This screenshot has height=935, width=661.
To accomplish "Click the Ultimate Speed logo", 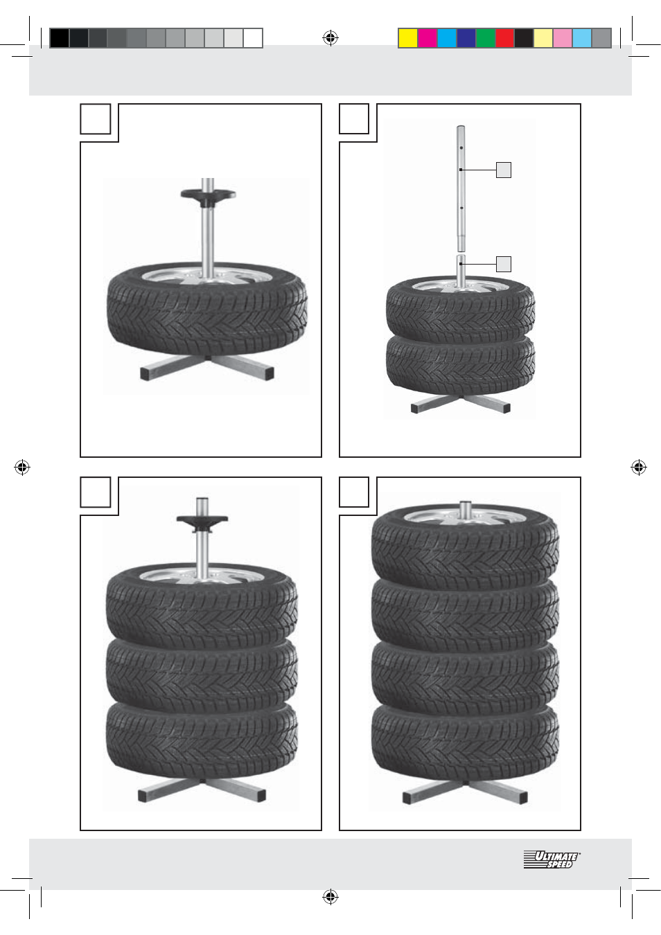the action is point(552,860).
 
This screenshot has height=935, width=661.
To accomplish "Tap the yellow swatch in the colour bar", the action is point(408,38).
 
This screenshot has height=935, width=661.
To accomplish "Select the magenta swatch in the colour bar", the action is point(428,38).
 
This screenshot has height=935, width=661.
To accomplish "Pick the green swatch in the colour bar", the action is point(486,38).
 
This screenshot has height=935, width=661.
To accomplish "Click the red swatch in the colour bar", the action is point(505,38).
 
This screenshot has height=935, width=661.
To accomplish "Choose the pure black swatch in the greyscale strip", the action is point(60,38).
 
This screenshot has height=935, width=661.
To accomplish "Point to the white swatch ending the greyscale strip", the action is point(253,38).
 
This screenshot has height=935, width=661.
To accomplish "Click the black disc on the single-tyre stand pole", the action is point(208,197).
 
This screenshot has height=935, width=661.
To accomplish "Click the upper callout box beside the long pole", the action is point(504,170).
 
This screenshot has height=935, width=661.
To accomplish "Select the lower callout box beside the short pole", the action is point(504,264).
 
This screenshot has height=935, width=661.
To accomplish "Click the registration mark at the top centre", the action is point(330,38).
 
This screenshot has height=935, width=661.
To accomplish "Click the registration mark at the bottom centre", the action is point(330,896).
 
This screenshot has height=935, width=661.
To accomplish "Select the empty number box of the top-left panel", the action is point(95,119).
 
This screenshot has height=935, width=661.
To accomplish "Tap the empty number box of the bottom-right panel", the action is point(354,492).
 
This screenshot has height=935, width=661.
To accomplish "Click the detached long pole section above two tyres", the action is point(461,188).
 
